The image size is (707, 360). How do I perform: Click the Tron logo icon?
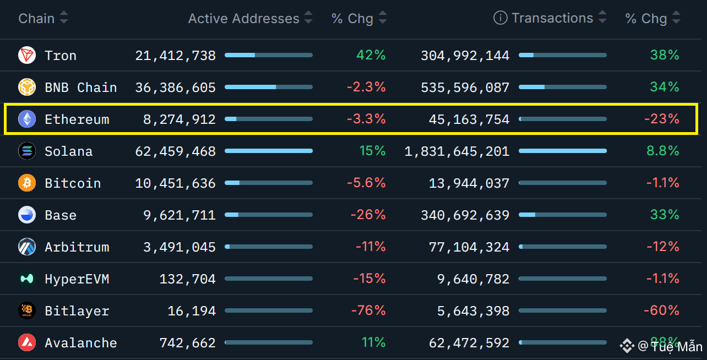coord(26,56)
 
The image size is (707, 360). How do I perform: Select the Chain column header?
coord(36,19)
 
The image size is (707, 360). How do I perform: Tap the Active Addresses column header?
coord(243,19)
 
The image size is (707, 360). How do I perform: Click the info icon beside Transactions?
coord(500,18)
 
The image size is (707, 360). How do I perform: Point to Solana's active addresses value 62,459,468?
coord(175,151)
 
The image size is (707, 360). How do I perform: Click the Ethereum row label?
coord(77,119)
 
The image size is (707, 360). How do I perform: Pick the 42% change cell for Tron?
coord(371,56)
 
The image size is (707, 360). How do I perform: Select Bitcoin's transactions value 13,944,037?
coord(469,183)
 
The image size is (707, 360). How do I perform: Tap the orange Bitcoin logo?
coord(26,183)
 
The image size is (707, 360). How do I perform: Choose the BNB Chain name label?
coord(80,88)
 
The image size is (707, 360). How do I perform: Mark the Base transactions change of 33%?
coord(665,215)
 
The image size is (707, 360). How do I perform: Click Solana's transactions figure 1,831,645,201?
coord(457,151)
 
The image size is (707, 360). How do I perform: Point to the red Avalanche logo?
coord(26,343)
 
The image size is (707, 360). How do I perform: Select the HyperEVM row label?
coord(77,279)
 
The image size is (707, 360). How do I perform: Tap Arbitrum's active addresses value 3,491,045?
coord(180,247)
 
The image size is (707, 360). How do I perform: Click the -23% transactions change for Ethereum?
coord(661,119)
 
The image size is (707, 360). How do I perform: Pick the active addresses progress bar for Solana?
coord(269,151)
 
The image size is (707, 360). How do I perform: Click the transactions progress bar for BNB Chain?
coord(563,87)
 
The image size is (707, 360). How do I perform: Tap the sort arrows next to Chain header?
coord(64,19)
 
